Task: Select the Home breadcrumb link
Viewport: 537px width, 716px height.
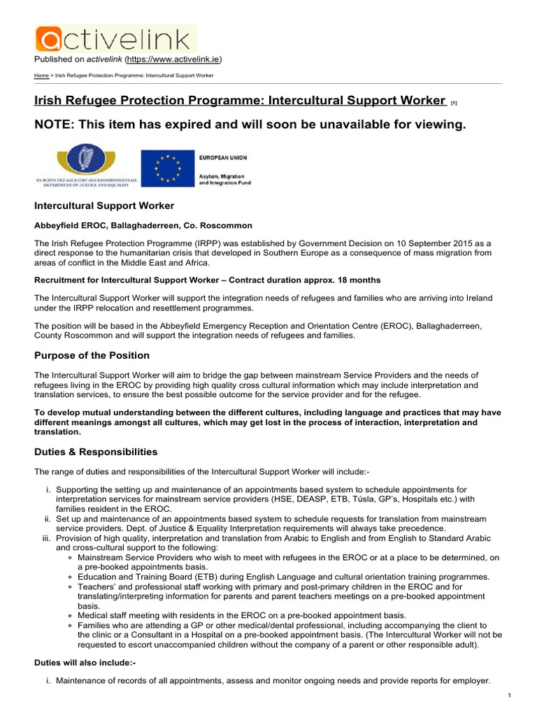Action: (41, 76)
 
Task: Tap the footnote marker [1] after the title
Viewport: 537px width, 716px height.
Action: (454, 103)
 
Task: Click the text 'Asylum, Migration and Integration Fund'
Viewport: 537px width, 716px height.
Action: (225, 178)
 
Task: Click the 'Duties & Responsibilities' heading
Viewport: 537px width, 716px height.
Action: (96, 452)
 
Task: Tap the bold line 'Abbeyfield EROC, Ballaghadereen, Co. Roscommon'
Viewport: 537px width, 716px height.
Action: (143, 225)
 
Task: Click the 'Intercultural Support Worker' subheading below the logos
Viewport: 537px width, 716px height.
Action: (104, 206)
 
